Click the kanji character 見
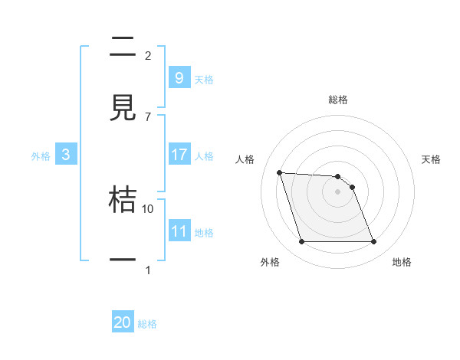tap(123, 108)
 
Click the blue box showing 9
tap(179, 77)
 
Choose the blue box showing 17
tap(179, 155)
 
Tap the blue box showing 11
tap(179, 231)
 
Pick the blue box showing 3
tap(65, 155)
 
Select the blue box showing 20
tap(123, 322)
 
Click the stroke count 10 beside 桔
tap(148, 208)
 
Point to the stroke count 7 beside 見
tap(148, 116)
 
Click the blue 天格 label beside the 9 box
tap(204, 79)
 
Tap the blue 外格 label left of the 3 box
tap(41, 155)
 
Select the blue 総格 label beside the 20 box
tap(147, 324)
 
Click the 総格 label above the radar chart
tap(338, 100)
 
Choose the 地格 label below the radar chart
tap(402, 262)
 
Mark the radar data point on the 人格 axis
tap(279, 172)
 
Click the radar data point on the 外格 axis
tap(301, 242)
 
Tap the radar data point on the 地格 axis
tap(373, 242)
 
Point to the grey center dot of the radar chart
tap(337, 192)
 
